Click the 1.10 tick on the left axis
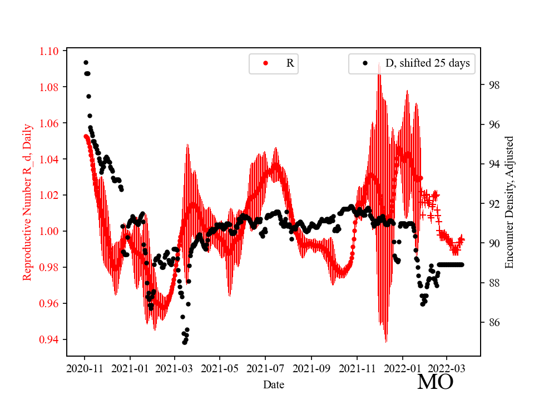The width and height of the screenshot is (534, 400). [x=49, y=51]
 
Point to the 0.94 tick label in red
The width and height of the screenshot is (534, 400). [x=49, y=339]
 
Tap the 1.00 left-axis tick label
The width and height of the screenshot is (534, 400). [x=49, y=231]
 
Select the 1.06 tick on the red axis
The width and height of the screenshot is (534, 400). [x=49, y=123]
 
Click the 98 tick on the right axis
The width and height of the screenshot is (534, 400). [x=492, y=85]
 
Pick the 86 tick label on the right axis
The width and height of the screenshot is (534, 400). [x=492, y=322]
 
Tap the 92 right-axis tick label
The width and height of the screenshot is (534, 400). [x=492, y=203]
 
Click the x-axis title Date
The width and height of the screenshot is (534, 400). [x=273, y=384]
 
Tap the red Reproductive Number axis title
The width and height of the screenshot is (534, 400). [x=27, y=202]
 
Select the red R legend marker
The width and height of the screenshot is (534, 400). [x=265, y=63]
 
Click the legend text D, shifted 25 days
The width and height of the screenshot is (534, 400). [x=427, y=63]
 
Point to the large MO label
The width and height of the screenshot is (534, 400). [x=435, y=382]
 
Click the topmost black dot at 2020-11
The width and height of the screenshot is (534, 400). [x=86, y=62]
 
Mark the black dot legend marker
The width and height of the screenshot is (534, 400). [x=365, y=63]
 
